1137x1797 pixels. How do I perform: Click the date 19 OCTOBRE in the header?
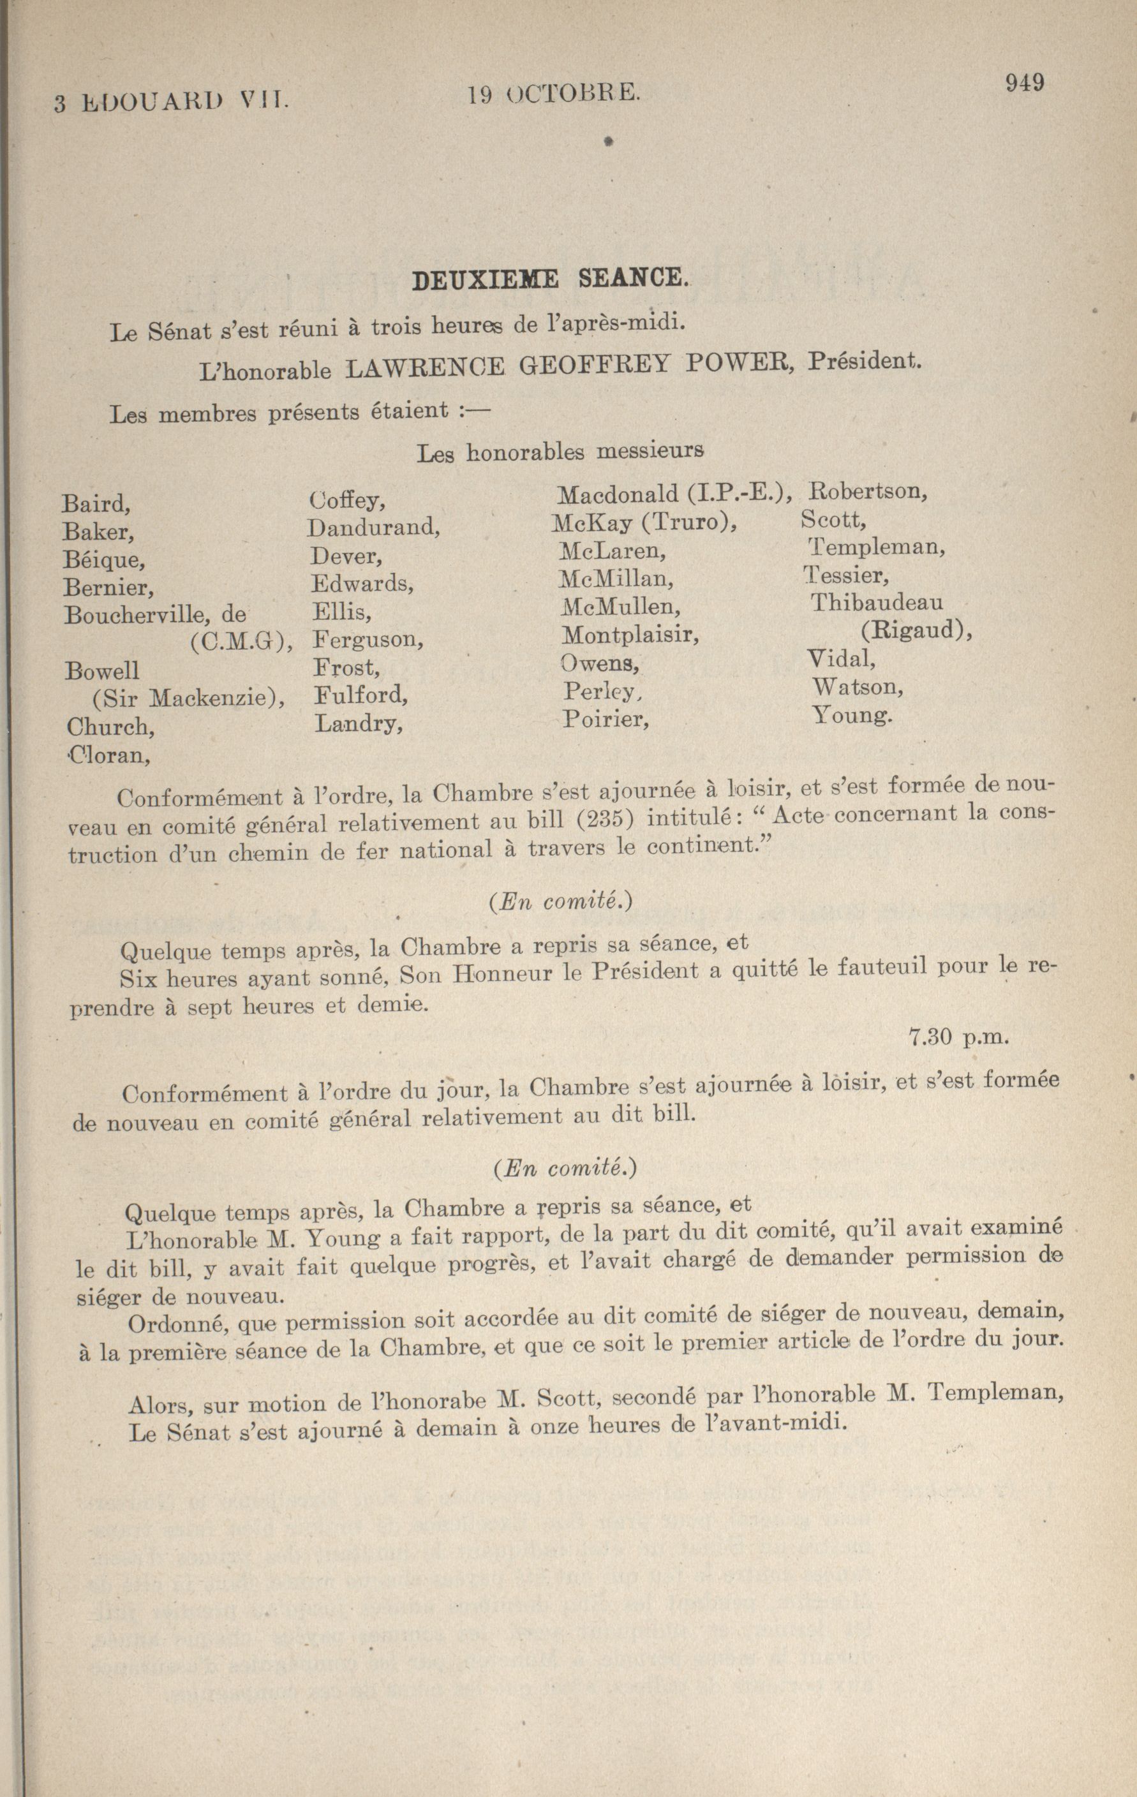click(x=553, y=93)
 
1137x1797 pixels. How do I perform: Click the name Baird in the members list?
click(x=96, y=504)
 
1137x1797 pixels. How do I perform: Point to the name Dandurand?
click(x=373, y=528)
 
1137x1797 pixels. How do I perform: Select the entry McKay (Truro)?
click(x=644, y=522)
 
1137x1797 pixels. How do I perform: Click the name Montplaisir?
click(x=629, y=635)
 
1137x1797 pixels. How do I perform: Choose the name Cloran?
click(x=109, y=755)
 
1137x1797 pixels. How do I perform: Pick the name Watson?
click(x=857, y=686)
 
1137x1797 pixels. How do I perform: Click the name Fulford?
click(x=360, y=695)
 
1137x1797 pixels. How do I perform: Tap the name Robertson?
click(x=868, y=492)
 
